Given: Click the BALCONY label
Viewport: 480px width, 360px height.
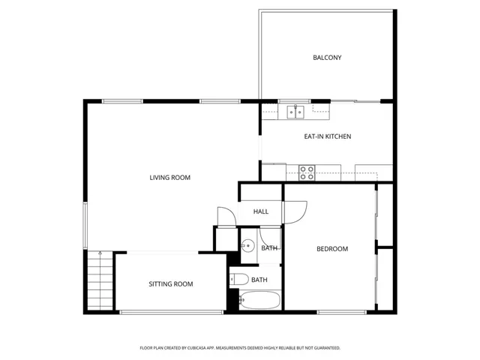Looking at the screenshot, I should tap(327, 57).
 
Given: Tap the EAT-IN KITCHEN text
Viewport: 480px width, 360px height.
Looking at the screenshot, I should tap(327, 136).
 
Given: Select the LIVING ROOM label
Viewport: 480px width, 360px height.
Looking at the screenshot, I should tap(169, 178).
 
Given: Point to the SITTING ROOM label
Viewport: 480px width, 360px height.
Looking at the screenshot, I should tap(170, 283).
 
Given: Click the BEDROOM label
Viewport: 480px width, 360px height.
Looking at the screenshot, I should tap(331, 248).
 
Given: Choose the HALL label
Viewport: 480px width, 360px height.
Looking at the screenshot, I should tap(260, 211).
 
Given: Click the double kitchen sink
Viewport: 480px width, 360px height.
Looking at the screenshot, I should tap(295, 112).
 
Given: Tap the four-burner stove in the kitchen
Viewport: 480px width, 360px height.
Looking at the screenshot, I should tap(307, 172).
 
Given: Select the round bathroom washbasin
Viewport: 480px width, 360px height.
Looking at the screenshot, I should tap(247, 245).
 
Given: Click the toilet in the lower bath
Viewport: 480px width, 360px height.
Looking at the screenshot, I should tap(238, 280).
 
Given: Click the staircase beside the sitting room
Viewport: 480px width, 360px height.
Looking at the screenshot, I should tap(98, 280).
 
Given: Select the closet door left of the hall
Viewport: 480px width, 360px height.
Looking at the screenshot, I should tap(224, 216).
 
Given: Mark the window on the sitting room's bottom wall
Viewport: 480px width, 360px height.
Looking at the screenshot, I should tap(171, 311).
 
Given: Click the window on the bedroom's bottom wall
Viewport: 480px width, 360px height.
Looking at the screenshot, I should tap(331, 311).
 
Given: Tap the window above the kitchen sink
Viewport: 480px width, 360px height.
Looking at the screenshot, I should tap(295, 100).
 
